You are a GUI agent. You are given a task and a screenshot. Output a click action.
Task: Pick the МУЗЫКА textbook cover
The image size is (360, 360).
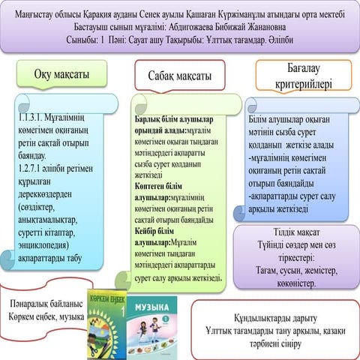[153, 322]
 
